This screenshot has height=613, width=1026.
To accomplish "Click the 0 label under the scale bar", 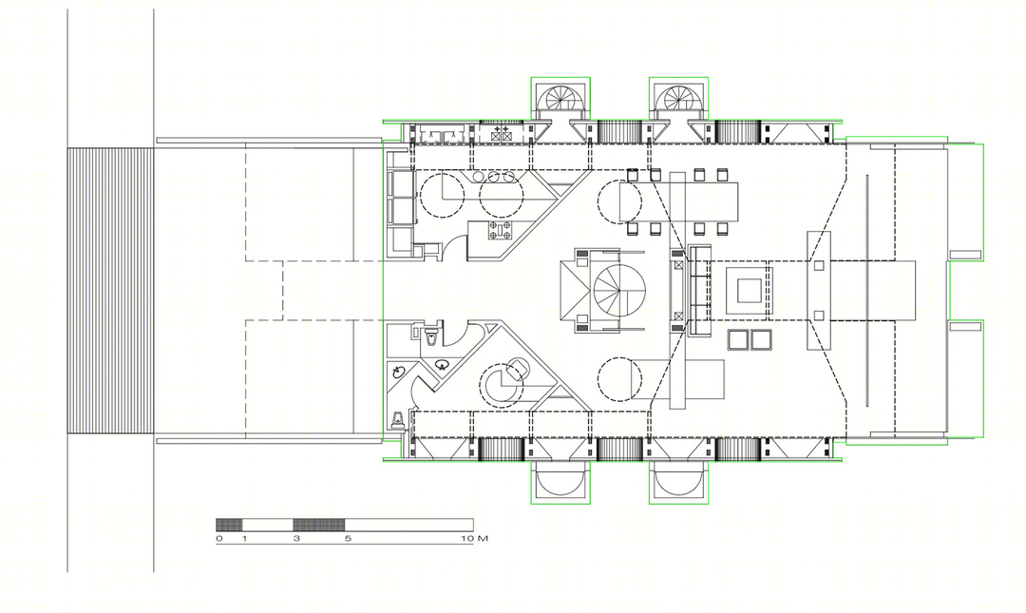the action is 219,539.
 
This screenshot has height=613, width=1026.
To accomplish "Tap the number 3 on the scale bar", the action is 296,539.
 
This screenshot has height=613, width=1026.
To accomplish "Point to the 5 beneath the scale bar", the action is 348,539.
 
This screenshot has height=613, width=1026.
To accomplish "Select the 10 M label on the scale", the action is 474,539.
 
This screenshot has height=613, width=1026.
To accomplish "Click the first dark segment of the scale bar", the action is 229,524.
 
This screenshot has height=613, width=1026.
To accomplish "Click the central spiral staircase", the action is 619,290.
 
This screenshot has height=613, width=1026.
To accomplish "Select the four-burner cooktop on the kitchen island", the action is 501,229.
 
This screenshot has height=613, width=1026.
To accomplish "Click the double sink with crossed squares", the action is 501,135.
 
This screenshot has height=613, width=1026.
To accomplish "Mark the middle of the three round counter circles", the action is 495,177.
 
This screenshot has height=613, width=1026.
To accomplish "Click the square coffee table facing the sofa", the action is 748,290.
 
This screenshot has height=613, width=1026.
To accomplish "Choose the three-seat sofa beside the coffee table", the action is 699,290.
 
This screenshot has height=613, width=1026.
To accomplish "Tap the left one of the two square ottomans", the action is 738,340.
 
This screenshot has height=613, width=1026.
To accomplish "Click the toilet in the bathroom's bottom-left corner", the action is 396,419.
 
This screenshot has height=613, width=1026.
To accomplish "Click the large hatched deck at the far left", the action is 110,291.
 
